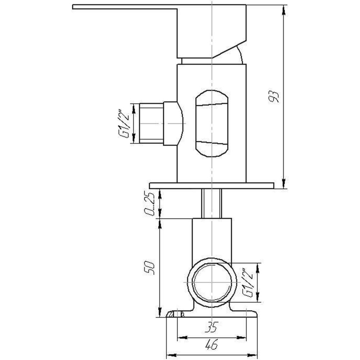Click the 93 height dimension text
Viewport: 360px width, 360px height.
(x=274, y=96)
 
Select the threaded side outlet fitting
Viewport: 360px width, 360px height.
(x=151, y=123)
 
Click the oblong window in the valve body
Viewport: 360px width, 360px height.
(x=212, y=123)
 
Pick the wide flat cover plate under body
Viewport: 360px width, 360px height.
(x=212, y=185)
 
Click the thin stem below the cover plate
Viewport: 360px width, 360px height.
(x=212, y=203)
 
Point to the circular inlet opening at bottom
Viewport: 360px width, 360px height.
(x=211, y=283)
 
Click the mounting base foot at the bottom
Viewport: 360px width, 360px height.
(x=212, y=314)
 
